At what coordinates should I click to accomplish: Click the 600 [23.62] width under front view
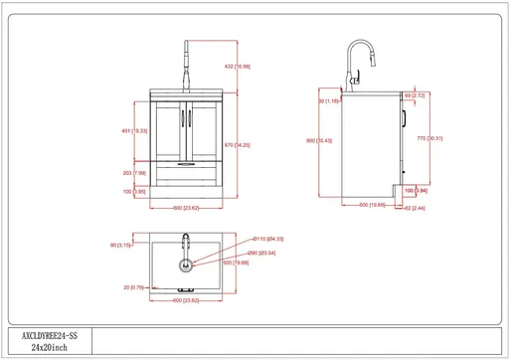pos(186,208)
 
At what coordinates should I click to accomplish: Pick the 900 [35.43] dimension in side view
pos(319,141)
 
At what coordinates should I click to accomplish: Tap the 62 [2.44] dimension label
pos(416,209)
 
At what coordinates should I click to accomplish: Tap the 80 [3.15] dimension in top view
pos(123,246)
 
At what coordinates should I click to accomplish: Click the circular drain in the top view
pos(184,266)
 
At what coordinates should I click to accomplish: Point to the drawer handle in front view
pos(185,162)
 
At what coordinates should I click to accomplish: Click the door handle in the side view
pos(406,121)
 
